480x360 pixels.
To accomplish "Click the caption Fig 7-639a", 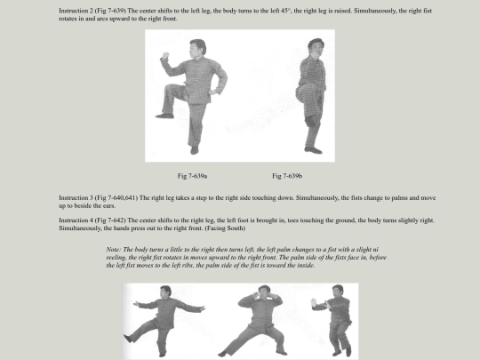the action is pos(192,176).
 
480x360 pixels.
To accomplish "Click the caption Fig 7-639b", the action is pos(287,176).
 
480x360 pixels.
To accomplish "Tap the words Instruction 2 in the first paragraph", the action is pos(76,11).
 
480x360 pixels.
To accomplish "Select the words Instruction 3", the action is pos(76,197).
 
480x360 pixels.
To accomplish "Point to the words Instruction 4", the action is pos(76,220).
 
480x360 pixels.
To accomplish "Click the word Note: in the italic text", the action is pos(114,250).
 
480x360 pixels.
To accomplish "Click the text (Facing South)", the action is pos(225,228).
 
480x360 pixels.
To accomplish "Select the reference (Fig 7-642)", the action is pos(110,220).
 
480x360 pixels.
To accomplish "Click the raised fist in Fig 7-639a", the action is pos(165,55).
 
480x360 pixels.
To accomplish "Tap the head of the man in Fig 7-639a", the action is pos(197,48).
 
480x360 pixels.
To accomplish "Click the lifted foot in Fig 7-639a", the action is pos(164,116).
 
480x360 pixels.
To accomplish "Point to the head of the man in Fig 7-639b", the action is pos(316,47).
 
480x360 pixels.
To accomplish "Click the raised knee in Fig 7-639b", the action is pos(300,93).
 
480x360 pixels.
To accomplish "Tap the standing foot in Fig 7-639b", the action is pos(313,150).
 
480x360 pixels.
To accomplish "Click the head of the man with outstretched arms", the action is pos(165,292).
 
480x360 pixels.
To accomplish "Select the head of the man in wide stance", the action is pos(264,292).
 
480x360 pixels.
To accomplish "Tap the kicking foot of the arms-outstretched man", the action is pos(127,339).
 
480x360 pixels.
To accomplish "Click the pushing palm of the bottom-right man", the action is pos(313,304).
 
